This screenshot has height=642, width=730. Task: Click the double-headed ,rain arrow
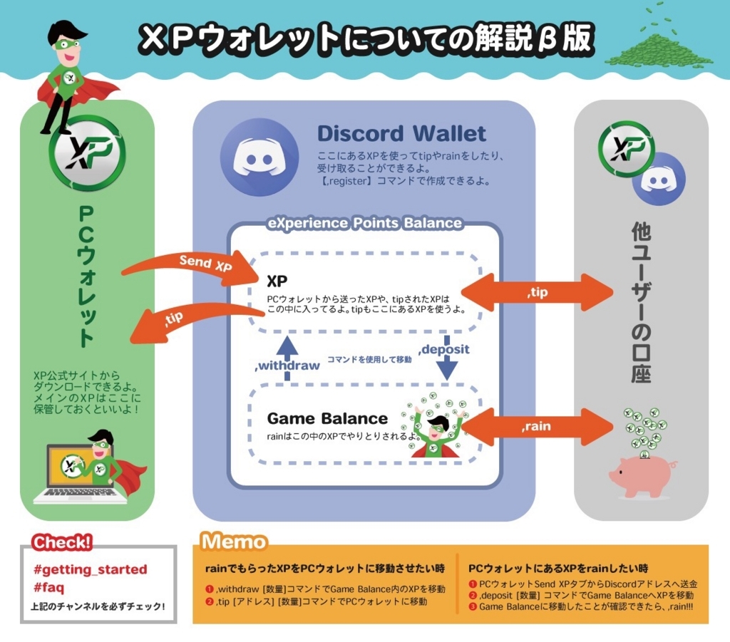tap(538, 426)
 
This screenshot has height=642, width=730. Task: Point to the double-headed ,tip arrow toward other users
tap(538, 291)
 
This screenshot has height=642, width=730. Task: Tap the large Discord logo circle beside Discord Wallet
tap(255, 157)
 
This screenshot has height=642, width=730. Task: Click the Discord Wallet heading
tap(401, 133)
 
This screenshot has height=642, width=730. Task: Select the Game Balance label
tap(327, 418)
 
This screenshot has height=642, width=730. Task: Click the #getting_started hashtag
tap(90, 569)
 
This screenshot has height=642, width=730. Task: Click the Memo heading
tap(233, 542)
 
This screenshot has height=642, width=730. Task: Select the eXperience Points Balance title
tap(364, 223)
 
